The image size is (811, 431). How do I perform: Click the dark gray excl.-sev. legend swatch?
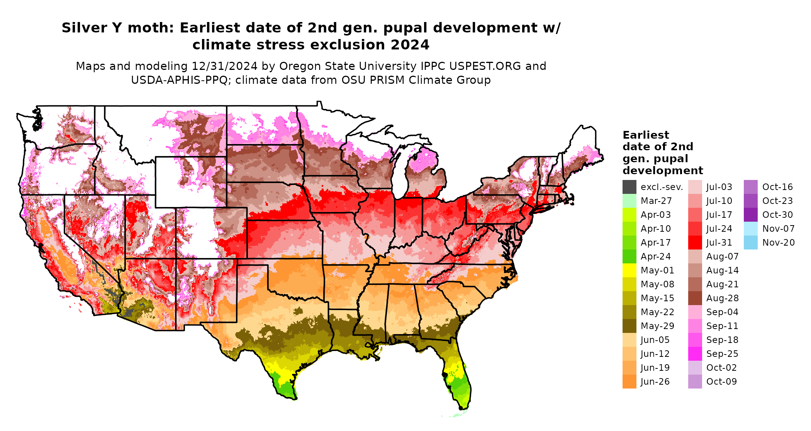click(x=629, y=187)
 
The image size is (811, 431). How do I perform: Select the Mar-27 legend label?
click(x=656, y=201)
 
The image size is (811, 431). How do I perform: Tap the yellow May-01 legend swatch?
click(x=629, y=270)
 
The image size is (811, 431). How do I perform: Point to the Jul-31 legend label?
click(x=719, y=243)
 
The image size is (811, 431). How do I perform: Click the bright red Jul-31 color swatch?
click(x=695, y=243)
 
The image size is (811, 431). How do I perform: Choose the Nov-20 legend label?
click(x=778, y=243)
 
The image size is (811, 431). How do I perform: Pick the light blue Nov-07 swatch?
click(x=751, y=229)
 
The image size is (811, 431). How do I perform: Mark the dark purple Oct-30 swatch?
click(x=751, y=215)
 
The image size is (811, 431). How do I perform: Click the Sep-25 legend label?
click(x=722, y=354)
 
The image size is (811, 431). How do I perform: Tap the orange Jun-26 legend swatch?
click(x=629, y=382)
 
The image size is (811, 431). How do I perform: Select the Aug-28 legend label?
click(x=722, y=298)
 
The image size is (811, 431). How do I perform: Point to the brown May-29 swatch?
click(x=629, y=326)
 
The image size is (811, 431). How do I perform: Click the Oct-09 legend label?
click(x=721, y=382)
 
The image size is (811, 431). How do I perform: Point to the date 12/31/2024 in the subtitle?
click(x=224, y=66)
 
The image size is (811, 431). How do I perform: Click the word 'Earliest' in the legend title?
click(x=646, y=135)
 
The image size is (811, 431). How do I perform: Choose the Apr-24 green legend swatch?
click(x=629, y=256)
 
